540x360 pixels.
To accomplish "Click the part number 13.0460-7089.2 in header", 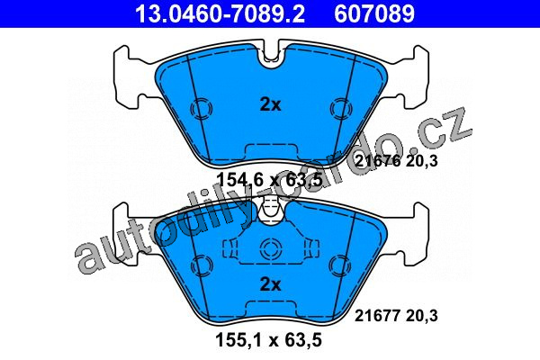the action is click(220, 13).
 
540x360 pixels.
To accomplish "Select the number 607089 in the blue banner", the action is click(374, 13).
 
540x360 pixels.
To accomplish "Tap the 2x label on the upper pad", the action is click(270, 104).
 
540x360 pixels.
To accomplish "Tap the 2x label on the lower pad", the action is click(270, 284).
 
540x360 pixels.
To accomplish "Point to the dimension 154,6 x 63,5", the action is click(269, 180).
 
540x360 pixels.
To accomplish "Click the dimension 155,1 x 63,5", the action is click(268, 339).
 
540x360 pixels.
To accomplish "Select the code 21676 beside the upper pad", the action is click(377, 161).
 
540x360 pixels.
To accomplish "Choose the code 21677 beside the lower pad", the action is click(377, 316).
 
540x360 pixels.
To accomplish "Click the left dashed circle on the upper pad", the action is click(202, 109).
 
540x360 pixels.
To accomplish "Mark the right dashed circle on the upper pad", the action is click(340, 109).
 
